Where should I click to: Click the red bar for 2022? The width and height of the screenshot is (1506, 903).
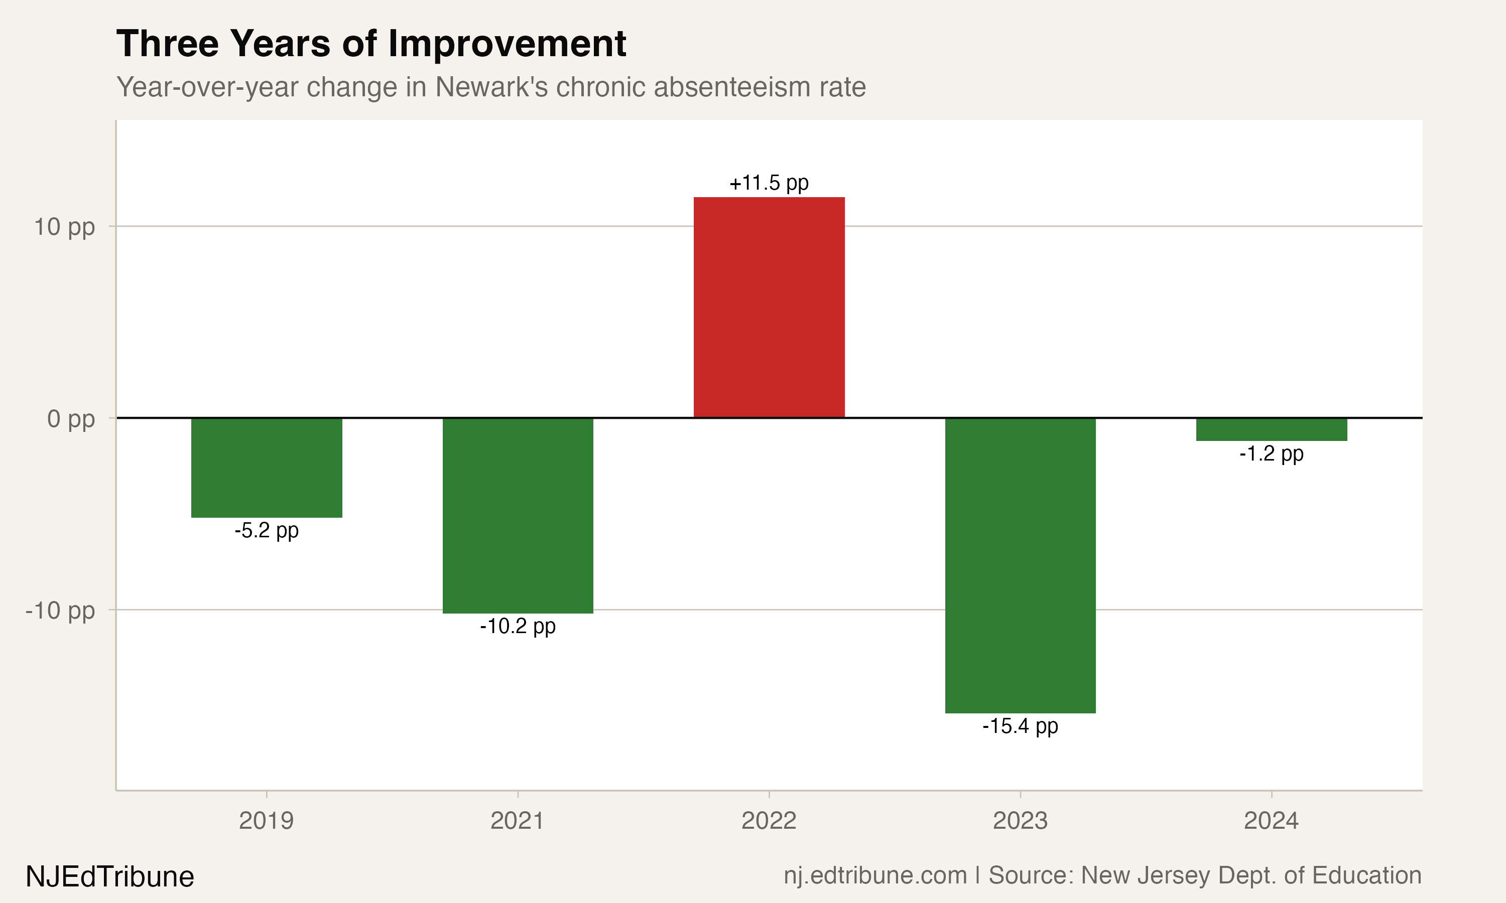pos(769,308)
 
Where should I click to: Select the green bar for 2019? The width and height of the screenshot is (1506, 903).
pos(267,468)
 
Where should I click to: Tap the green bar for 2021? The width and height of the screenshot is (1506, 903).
pos(518,515)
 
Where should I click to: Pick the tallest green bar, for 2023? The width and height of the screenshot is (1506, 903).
pos(1020,565)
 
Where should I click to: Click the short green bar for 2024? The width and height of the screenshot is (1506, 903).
pos(1272,429)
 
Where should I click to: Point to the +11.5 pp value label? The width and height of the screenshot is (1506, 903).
pos(769,183)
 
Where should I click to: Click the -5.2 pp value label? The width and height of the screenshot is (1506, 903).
pos(267,531)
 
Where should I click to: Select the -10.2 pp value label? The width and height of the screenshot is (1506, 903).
pos(518,626)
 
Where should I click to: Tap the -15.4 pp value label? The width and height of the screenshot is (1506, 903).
pos(1020,726)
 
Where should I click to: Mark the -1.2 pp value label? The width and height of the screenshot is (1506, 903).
pos(1272,454)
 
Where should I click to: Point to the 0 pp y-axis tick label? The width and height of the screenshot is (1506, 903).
pos(71,419)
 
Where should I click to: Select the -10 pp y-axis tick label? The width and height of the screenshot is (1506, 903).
pos(60,611)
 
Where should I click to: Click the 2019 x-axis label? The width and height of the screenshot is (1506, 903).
pos(267,821)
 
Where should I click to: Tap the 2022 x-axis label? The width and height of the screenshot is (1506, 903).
pos(769,821)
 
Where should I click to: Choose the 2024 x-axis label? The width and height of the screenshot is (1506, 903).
pos(1272,821)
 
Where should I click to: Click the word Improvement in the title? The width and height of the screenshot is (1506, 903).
pos(507,44)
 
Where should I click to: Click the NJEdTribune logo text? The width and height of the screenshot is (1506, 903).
pos(110,877)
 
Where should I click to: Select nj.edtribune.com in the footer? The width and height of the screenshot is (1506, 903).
pos(875,875)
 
